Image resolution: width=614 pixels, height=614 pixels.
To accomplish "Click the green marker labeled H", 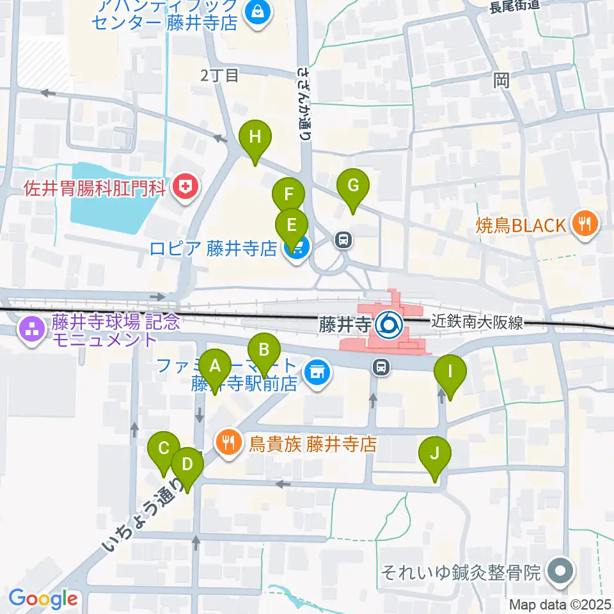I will (x=255, y=137).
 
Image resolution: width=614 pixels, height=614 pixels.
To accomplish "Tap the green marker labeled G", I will (x=353, y=186).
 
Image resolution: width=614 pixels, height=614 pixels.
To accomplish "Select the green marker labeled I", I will (x=450, y=372).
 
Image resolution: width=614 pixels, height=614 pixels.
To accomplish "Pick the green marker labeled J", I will (x=435, y=454).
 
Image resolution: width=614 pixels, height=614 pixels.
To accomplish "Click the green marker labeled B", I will (x=264, y=350).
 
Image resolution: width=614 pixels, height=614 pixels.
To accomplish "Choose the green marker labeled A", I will (x=215, y=366).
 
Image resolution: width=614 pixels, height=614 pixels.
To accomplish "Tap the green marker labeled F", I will (x=288, y=194).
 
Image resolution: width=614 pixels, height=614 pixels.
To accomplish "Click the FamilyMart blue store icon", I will (x=317, y=371).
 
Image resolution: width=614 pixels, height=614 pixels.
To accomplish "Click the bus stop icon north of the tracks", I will (x=344, y=240).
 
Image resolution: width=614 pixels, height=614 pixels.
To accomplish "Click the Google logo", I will (x=43, y=599).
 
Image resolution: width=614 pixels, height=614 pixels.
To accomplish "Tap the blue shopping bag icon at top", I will (x=258, y=12).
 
